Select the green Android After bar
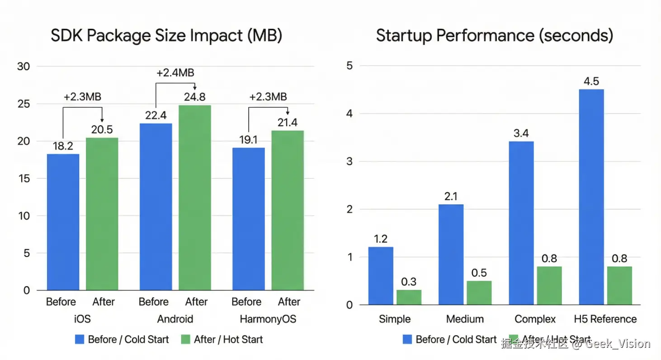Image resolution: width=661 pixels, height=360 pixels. click(194, 198)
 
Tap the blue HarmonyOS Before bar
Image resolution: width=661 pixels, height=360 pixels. click(248, 218)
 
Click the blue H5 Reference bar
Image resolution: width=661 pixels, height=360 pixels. click(591, 197)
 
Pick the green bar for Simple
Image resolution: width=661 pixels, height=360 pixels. click(409, 297)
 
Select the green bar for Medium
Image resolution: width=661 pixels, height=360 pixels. click(479, 293)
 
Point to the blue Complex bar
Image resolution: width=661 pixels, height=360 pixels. click(521, 223)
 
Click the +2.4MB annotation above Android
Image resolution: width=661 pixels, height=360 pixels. click(175, 73)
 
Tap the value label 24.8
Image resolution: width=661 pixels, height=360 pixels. click(195, 97)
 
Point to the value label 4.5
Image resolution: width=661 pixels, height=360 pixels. click(591, 81)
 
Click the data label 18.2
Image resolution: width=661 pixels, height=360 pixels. click(63, 146)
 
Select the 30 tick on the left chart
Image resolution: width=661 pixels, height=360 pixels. click(23, 66)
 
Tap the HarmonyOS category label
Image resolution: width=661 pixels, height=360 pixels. click(268, 319)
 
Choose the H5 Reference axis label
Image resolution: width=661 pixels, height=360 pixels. click(605, 319)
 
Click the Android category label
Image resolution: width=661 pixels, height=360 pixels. click(175, 319)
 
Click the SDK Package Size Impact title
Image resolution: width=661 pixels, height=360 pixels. click(166, 36)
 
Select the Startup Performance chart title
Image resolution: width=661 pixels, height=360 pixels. click(495, 36)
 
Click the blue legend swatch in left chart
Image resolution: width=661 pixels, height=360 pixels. click(80, 340)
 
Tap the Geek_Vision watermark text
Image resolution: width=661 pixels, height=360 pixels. click(617, 344)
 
